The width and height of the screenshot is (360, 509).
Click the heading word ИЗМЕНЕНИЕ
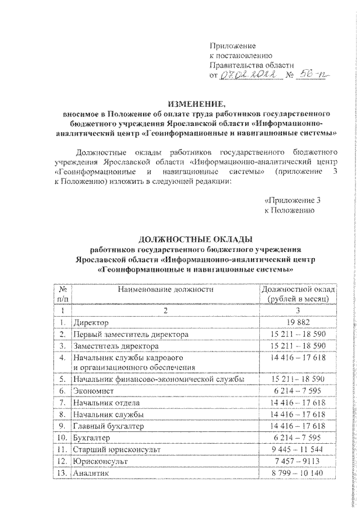click(196, 103)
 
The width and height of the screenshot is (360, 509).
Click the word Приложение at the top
click(232, 45)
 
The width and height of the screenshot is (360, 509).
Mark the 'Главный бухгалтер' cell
click(109, 426)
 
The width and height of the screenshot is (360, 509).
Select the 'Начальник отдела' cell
click(106, 403)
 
